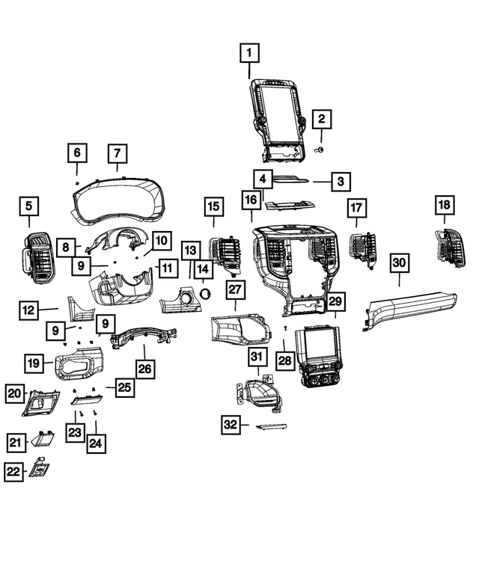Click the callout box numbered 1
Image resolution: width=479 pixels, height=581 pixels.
pyautogui.click(x=249, y=52)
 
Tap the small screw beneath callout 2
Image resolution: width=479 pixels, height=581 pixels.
pyautogui.click(x=320, y=150)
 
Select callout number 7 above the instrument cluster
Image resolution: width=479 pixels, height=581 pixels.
pyautogui.click(x=118, y=153)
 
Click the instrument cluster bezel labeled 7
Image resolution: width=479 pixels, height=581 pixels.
pyautogui.click(x=118, y=201)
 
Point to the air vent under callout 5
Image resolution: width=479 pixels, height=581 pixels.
pyautogui.click(x=38, y=257)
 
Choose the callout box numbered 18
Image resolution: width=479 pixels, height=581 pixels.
pyautogui.click(x=445, y=205)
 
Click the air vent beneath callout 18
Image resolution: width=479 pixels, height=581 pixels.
pyautogui.click(x=450, y=248)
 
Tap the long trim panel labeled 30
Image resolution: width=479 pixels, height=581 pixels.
pyautogui.click(x=409, y=310)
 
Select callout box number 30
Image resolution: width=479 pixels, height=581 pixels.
pyautogui.click(x=399, y=262)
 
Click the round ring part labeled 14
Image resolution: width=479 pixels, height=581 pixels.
pyautogui.click(x=204, y=294)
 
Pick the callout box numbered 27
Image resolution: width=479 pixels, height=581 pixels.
pyautogui.click(x=235, y=290)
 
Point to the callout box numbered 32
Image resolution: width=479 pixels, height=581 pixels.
pyautogui.click(x=231, y=424)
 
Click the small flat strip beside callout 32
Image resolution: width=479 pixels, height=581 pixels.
pyautogui.click(x=271, y=427)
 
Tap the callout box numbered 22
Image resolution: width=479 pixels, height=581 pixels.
pyautogui.click(x=13, y=472)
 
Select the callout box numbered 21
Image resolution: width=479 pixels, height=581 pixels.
pyautogui.click(x=16, y=443)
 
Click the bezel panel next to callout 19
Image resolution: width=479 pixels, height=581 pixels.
pyautogui.click(x=79, y=363)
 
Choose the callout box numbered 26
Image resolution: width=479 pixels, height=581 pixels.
pyautogui.click(x=145, y=369)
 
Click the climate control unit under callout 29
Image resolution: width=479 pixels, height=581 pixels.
pyautogui.click(x=320, y=357)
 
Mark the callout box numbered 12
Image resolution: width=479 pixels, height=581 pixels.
pyautogui.click(x=29, y=310)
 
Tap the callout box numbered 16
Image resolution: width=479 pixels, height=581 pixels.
pyautogui.click(x=251, y=200)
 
